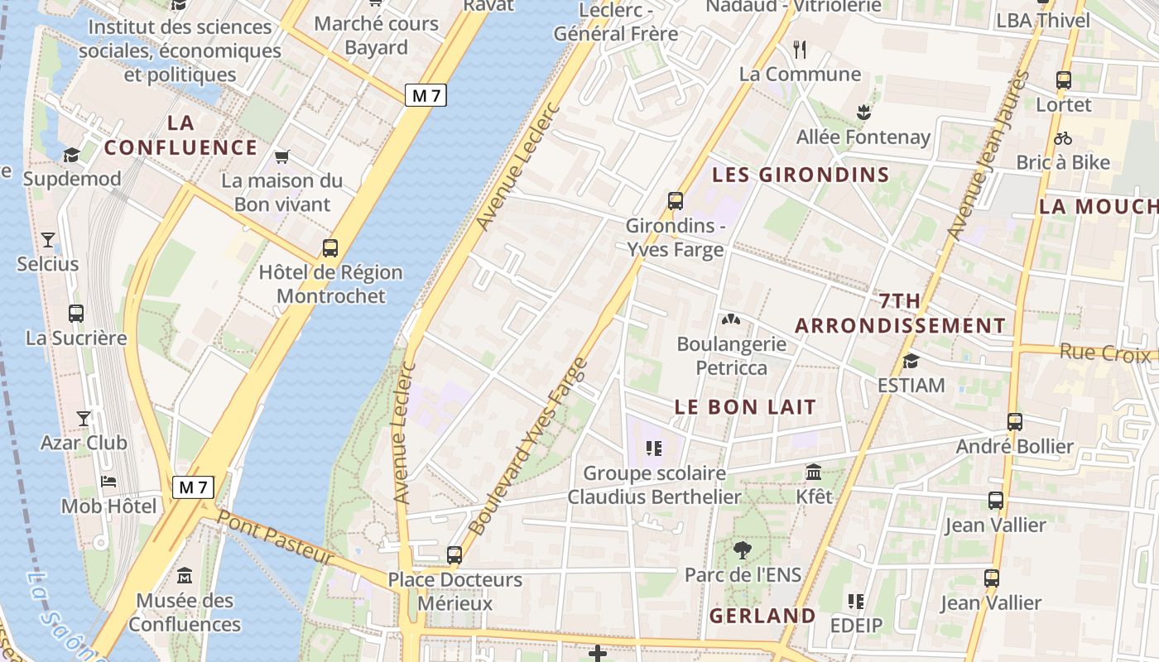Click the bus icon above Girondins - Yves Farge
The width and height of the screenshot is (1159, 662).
pyautogui.click(x=675, y=200)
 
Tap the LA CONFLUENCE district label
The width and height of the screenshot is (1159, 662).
pyautogui.click(x=181, y=136)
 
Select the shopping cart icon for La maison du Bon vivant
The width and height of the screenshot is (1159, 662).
pyautogui.click(x=282, y=156)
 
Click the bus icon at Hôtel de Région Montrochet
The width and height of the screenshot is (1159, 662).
pyautogui.click(x=330, y=247)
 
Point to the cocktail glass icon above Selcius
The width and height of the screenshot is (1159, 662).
pyautogui.click(x=48, y=240)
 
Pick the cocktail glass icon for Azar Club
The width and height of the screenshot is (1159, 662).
pyautogui.click(x=84, y=418)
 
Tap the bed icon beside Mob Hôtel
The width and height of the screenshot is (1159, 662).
pyautogui.click(x=108, y=482)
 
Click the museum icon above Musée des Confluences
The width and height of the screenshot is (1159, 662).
pyautogui.click(x=185, y=575)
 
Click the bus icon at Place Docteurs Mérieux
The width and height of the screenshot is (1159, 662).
pyautogui.click(x=454, y=554)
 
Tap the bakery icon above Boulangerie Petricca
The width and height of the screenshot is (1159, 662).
pyautogui.click(x=730, y=319)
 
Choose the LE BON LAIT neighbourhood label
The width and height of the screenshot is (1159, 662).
pyautogui.click(x=745, y=407)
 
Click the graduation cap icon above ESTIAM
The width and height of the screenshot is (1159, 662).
pyautogui.click(x=911, y=361)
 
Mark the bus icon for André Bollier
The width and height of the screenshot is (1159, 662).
pyautogui.click(x=1015, y=422)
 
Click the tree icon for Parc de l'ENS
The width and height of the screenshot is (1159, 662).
pyautogui.click(x=743, y=549)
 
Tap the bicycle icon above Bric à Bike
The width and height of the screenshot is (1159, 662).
pyautogui.click(x=1063, y=138)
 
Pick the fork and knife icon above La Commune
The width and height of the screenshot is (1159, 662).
pyautogui.click(x=800, y=50)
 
